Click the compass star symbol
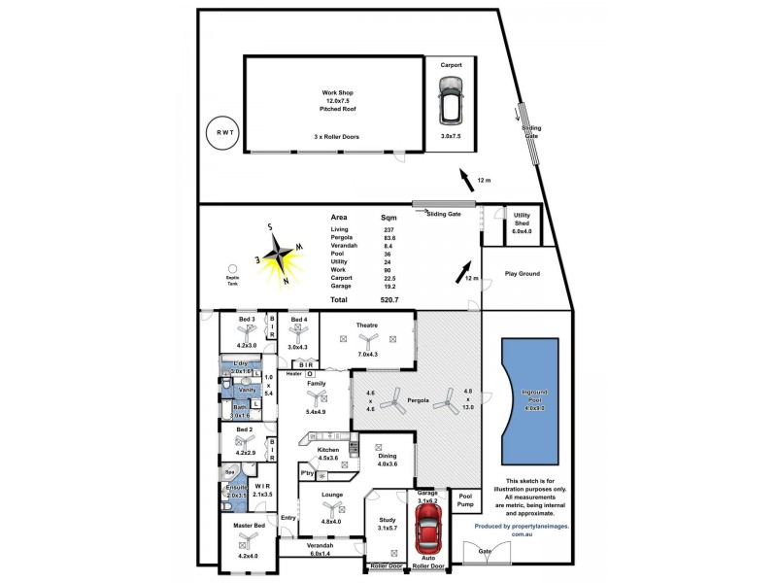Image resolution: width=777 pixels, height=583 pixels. click(x=281, y=256)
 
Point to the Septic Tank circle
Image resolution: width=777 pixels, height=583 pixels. click(x=232, y=269)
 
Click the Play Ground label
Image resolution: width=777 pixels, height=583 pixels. click(x=522, y=274)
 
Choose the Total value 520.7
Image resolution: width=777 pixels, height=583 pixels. click(x=390, y=300)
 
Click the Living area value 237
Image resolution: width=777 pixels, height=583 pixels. click(x=389, y=228)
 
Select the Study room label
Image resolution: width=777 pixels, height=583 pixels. click(x=386, y=521)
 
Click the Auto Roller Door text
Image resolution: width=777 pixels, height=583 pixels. click(x=428, y=561)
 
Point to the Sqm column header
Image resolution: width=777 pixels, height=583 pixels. click(x=388, y=218)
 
